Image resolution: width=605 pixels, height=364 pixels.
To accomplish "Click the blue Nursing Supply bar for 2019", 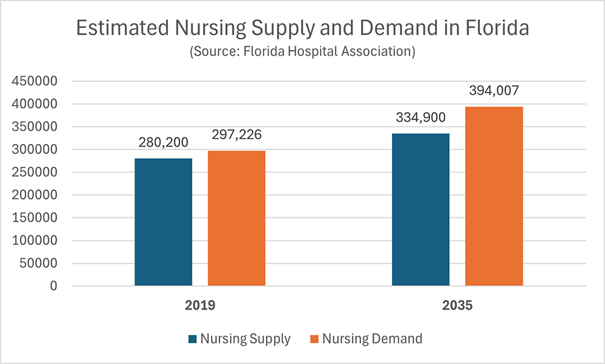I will coord(163,222).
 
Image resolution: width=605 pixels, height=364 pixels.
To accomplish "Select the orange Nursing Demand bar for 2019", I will coord(237,218).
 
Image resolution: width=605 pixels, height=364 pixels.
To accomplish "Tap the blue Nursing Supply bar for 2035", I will coord(421,209).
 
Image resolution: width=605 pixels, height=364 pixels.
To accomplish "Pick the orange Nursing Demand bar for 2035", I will coord(494,196).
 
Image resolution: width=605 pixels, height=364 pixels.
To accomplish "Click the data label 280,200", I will coord(163,143).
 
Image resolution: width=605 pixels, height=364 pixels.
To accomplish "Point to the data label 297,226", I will coord(237,135).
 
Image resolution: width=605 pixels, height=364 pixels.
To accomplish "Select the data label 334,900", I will coord(421,118).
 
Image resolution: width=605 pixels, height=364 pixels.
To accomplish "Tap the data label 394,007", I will coord(494,92).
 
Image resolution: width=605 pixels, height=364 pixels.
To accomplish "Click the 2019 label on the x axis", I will coord(200,305).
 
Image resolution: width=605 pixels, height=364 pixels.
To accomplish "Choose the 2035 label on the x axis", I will coord(457,305).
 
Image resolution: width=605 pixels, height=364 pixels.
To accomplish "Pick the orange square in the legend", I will coord(313,339).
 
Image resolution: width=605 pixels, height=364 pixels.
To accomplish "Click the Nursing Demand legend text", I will coord(372,339).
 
